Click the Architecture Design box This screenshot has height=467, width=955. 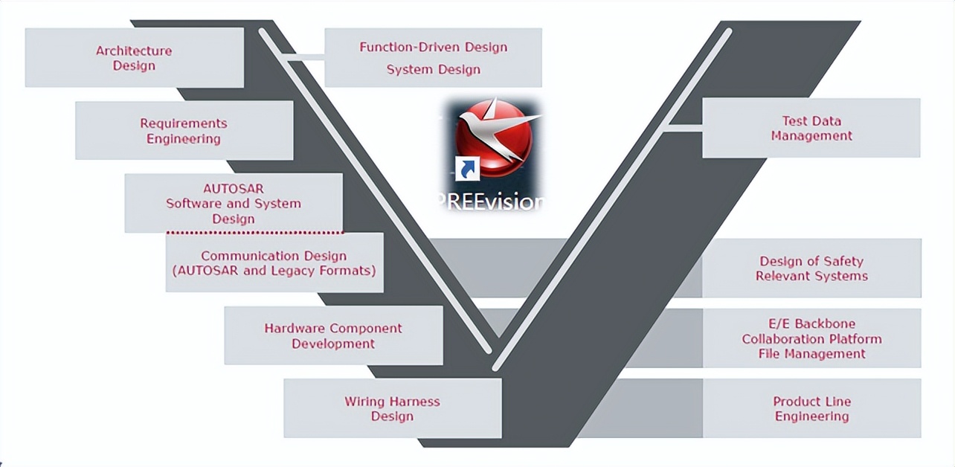pyautogui.click(x=135, y=57)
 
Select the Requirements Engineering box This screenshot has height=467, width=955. pyautogui.click(x=184, y=130)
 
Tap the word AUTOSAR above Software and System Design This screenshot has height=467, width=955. pyautogui.click(x=234, y=188)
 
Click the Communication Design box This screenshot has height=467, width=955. pyautogui.click(x=274, y=263)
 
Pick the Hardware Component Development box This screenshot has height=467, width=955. pyautogui.click(x=333, y=335)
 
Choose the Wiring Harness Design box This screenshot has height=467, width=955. pyautogui.click(x=392, y=408)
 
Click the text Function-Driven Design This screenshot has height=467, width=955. pyautogui.click(x=433, y=47)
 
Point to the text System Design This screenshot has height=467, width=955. pyautogui.click(x=433, y=69)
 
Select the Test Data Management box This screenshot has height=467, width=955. pyautogui.click(x=811, y=128)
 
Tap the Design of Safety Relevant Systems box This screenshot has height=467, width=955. pyautogui.click(x=811, y=268)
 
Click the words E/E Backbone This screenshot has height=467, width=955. pyautogui.click(x=811, y=323)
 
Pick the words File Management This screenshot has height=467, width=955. pyautogui.click(x=811, y=354)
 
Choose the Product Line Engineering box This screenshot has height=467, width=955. pyautogui.click(x=811, y=408)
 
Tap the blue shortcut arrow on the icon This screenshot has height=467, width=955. pyautogui.click(x=467, y=169)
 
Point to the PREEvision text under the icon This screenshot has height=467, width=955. pyautogui.click(x=490, y=202)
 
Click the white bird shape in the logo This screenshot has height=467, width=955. pyautogui.click(x=499, y=126)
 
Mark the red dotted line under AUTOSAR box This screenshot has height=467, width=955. pyautogui.click(x=255, y=233)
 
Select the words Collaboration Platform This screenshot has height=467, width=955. pyautogui.click(x=811, y=339)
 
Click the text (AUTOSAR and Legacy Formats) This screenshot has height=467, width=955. pyautogui.click(x=274, y=271)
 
